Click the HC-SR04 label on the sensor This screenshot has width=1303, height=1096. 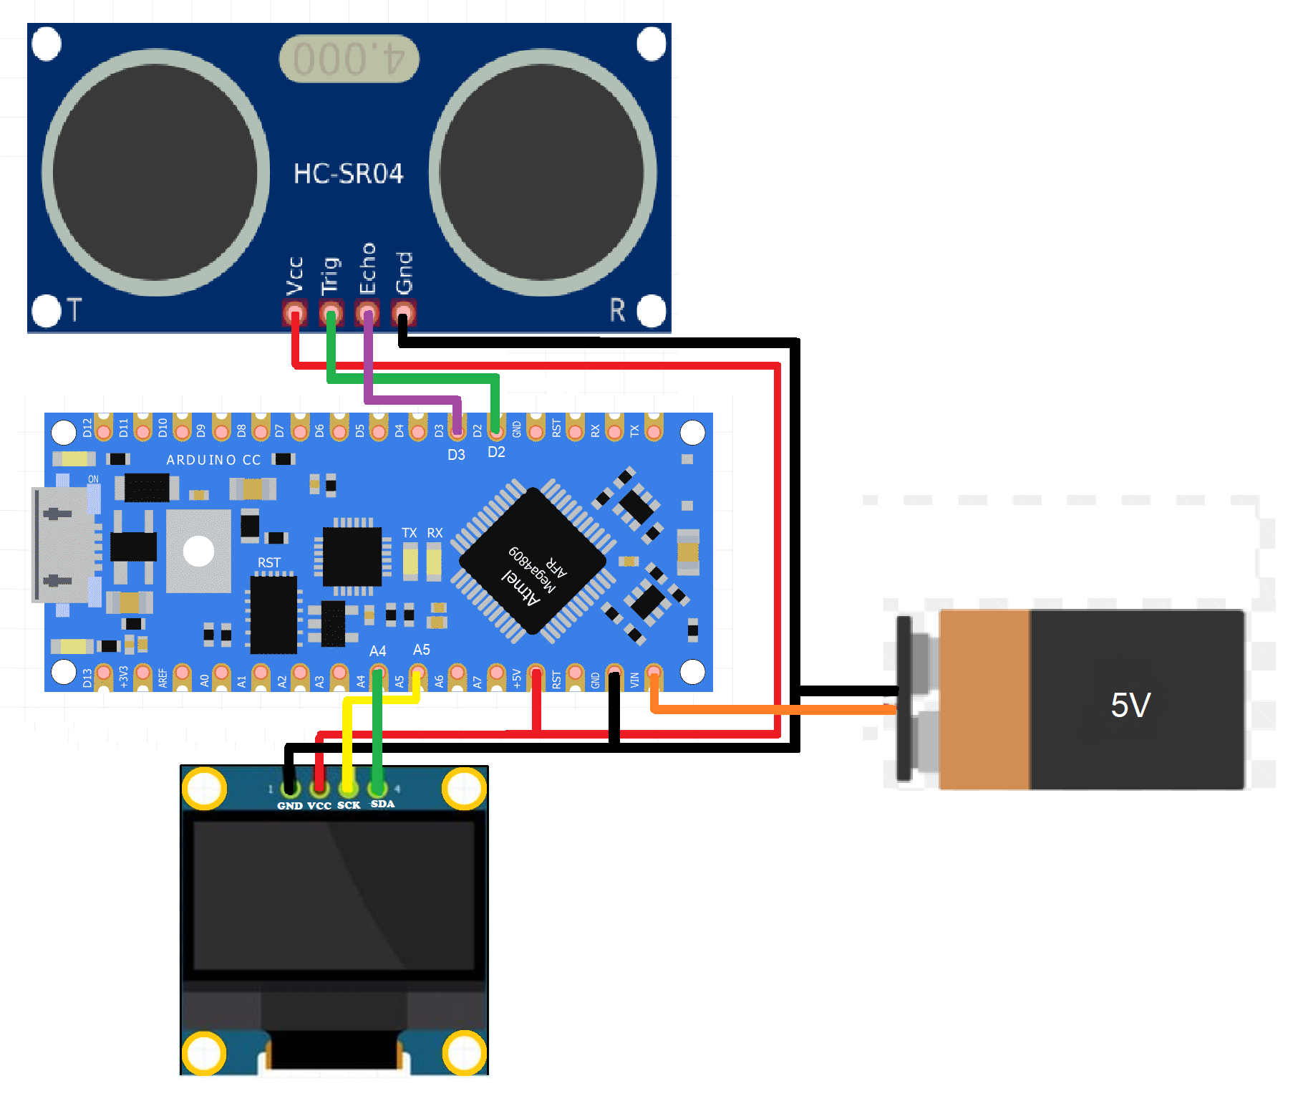click(349, 173)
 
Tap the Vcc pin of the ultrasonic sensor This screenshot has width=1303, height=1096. click(295, 313)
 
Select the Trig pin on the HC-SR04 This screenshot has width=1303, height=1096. click(331, 313)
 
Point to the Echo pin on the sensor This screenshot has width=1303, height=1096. click(367, 313)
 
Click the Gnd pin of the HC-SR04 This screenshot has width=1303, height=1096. click(404, 313)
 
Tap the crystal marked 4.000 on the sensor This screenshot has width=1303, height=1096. click(349, 58)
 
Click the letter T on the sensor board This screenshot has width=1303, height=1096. click(74, 310)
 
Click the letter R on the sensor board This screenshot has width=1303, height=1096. click(617, 310)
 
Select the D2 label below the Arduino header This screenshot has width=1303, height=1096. click(496, 452)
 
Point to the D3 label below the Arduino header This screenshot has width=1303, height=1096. click(456, 455)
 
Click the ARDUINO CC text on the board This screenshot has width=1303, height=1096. click(213, 460)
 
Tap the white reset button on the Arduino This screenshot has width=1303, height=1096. click(198, 551)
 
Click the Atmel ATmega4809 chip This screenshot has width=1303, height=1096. click(533, 562)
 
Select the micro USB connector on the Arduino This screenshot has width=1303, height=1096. click(63, 545)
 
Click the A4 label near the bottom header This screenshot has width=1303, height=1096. click(377, 650)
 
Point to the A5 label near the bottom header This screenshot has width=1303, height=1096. click(421, 650)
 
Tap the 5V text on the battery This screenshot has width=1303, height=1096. click(1130, 705)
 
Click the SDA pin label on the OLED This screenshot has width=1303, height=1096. click(382, 804)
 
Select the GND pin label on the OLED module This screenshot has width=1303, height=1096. click(290, 806)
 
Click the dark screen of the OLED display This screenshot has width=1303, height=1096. click(334, 895)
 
